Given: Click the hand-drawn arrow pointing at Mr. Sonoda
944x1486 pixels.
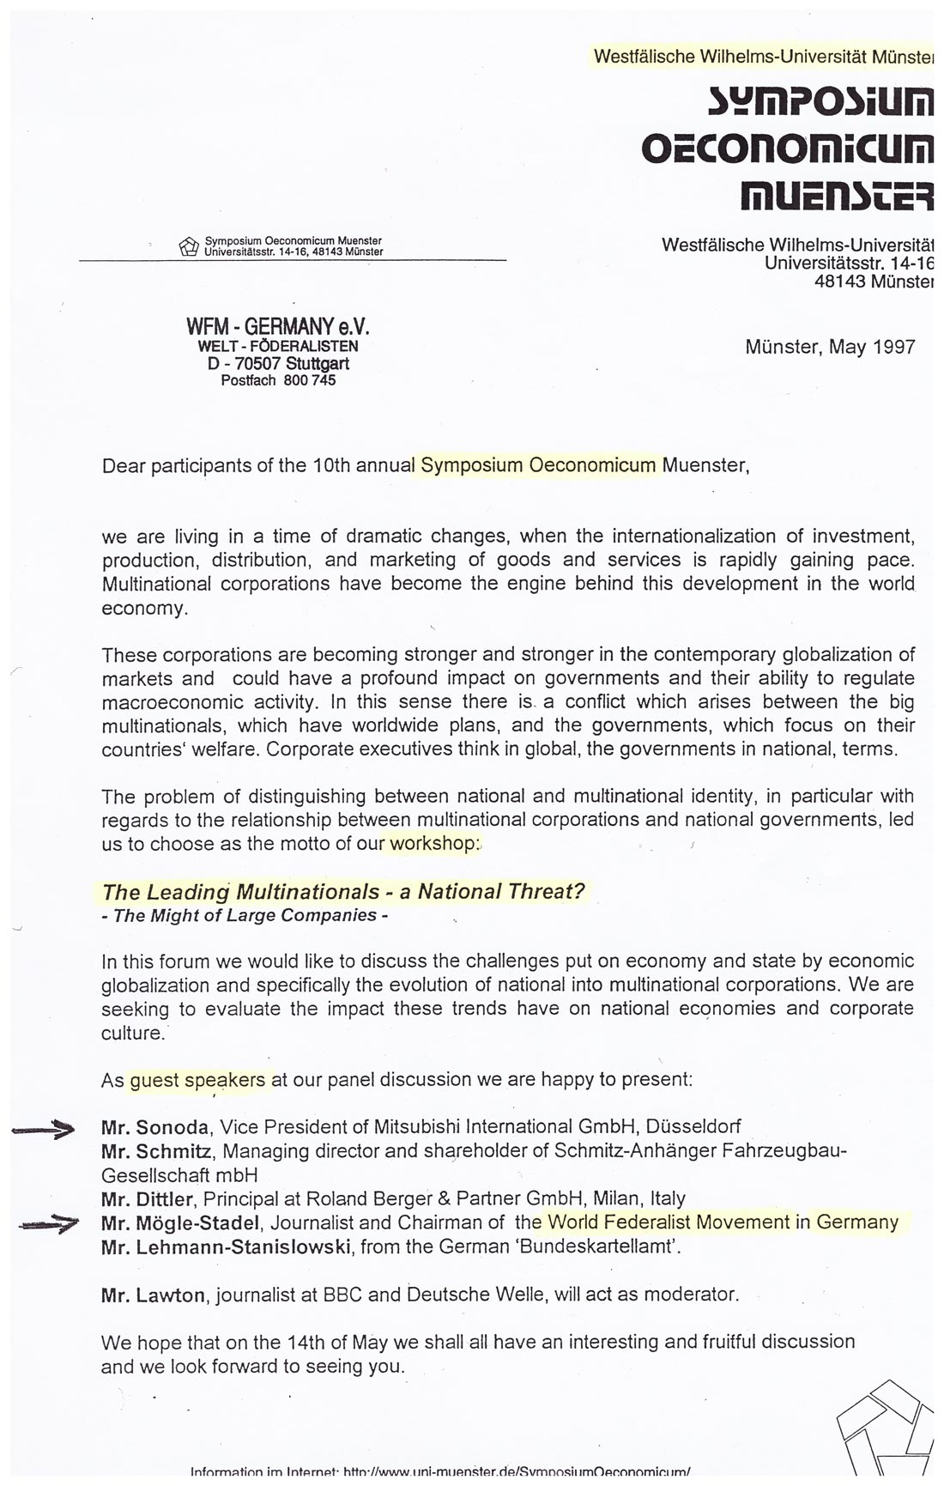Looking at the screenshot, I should click(43, 1131).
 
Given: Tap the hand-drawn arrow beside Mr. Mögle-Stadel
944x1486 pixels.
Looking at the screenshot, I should click(48, 1225).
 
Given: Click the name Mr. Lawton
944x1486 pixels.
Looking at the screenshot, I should click(154, 1295).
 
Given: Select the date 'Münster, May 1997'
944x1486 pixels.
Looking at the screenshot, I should click(830, 347).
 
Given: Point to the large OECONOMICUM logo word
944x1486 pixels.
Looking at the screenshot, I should click(787, 151).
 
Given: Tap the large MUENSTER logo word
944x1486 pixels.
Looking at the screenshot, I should click(837, 197).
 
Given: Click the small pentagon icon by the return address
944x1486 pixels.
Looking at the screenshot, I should click(188, 246).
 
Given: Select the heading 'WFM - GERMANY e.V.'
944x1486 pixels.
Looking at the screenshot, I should click(277, 327).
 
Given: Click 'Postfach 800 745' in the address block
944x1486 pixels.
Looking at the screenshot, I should click(278, 380).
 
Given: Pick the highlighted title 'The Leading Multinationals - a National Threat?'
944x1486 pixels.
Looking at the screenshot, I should click(343, 892).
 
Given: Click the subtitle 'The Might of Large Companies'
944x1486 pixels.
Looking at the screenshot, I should click(245, 916).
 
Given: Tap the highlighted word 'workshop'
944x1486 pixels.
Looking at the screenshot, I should click(431, 843).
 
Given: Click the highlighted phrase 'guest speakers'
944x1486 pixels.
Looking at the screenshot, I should click(197, 1080).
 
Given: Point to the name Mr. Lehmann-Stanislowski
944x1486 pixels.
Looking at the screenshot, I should click(226, 1246).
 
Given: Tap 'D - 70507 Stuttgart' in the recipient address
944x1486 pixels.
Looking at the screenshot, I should click(278, 363).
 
